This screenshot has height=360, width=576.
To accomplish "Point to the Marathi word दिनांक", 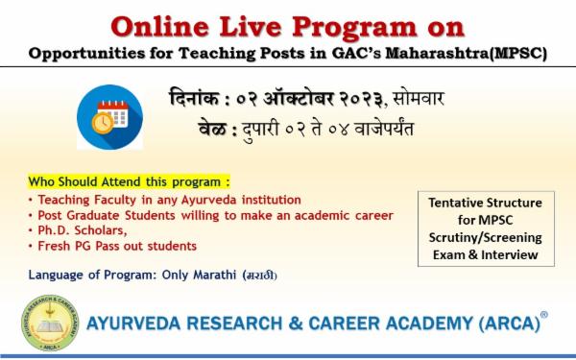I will [x=196, y=97].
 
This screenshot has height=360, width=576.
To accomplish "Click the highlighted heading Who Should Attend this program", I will [x=130, y=181].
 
